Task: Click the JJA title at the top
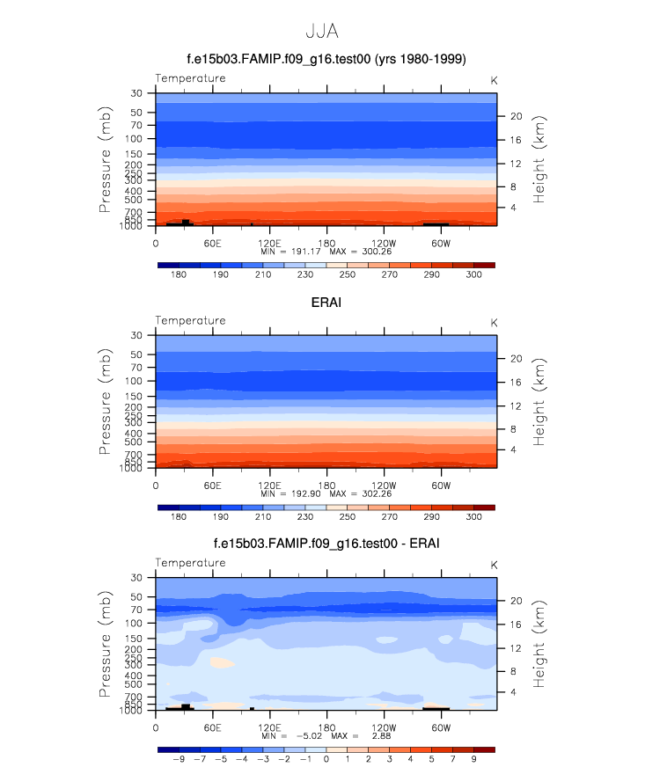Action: pos(322,32)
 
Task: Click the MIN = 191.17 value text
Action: pos(292,252)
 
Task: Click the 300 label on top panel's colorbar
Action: pos(473,274)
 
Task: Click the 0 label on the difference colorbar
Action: pos(326,759)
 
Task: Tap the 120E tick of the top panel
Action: pos(269,243)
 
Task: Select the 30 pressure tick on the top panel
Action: pos(137,93)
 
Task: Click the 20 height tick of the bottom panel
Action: pos(517,601)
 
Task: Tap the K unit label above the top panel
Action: pos(494,80)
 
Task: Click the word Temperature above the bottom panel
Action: pos(190,563)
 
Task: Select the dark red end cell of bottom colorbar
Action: pos(484,749)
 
